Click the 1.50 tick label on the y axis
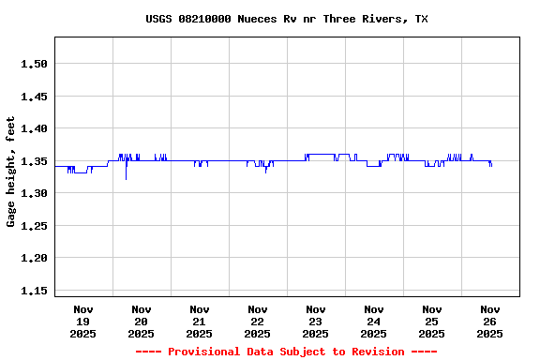[x=34, y=64]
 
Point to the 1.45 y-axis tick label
[x=34, y=97]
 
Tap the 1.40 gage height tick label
[x=34, y=128]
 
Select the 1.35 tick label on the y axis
[x=34, y=161]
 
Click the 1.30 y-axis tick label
[x=34, y=193]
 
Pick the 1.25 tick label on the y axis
[x=34, y=226]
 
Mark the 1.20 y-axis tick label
[x=34, y=258]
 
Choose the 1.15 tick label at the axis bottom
[x=34, y=291]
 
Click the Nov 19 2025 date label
[x=83, y=322]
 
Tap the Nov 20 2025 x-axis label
[x=142, y=322]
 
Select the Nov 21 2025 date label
[x=200, y=322]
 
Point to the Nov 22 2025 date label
[x=258, y=322]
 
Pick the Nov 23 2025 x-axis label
[x=316, y=322]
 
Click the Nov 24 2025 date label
[x=374, y=322]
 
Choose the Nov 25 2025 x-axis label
[x=432, y=322]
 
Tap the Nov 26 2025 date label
[x=490, y=322]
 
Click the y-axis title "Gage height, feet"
[x=11, y=172]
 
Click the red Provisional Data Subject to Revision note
[x=286, y=352]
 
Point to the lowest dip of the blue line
[x=126, y=178]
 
